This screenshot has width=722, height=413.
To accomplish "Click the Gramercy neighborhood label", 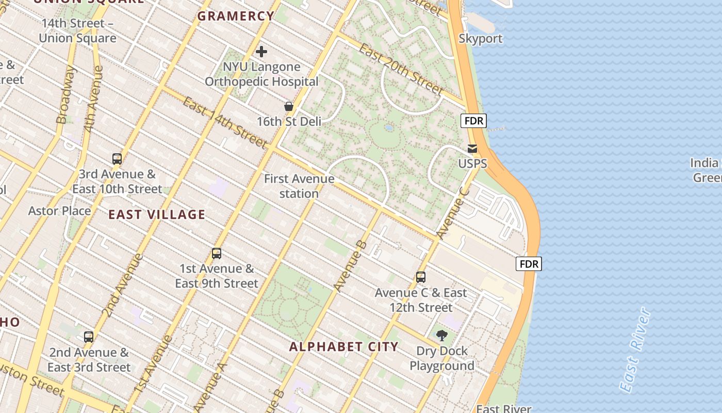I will click(236, 16).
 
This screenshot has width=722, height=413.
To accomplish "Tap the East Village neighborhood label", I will click(157, 215).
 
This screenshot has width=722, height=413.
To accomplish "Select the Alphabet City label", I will click(343, 346).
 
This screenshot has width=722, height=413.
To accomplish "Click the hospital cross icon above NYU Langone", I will click(261, 52).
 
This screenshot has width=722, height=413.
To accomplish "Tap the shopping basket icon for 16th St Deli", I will click(289, 106).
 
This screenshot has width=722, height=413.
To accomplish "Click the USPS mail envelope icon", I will click(472, 149).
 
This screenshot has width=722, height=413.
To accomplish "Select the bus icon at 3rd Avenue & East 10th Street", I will click(117, 159).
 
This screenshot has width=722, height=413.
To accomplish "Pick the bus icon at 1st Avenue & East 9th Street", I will click(217, 253).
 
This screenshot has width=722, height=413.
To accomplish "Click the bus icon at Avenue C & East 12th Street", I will click(421, 277).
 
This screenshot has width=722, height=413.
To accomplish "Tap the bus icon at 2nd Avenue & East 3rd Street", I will click(89, 337).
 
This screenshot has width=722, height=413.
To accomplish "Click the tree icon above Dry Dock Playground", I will click(441, 336).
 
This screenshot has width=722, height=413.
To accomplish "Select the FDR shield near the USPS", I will click(473, 121).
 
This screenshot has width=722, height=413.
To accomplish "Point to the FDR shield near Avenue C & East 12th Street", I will click(529, 264).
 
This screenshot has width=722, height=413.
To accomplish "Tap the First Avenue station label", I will click(299, 186).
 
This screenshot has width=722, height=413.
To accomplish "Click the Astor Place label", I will click(59, 211).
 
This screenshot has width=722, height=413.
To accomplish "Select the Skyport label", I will click(480, 39).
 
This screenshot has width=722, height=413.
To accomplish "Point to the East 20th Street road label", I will click(401, 69).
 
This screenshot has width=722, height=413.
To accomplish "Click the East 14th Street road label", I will click(225, 122).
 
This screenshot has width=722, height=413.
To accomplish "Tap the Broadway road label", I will click(65, 96).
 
